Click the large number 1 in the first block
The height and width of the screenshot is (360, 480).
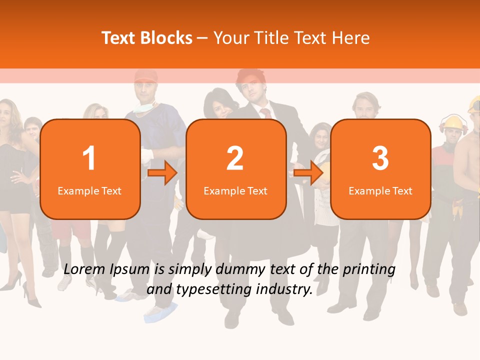[89, 158]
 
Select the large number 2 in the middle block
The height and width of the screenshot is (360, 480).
[235, 158]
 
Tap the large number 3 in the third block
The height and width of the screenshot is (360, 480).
[380, 158]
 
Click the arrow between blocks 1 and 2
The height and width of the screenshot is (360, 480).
[162, 173]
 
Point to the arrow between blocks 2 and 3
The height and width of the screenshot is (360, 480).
[308, 173]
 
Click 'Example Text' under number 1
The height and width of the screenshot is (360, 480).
[89, 190]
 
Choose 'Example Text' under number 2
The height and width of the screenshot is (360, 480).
[235, 190]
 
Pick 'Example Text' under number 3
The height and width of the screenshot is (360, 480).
[380, 190]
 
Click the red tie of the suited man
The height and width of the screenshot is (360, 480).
[266, 113]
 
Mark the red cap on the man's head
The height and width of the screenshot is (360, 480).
[145, 76]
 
